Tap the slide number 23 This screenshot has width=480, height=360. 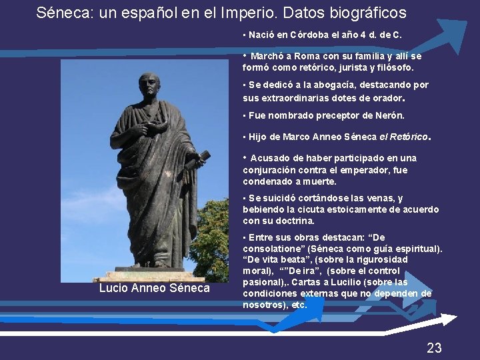tap(434, 347)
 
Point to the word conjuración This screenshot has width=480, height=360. tap(271, 170)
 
